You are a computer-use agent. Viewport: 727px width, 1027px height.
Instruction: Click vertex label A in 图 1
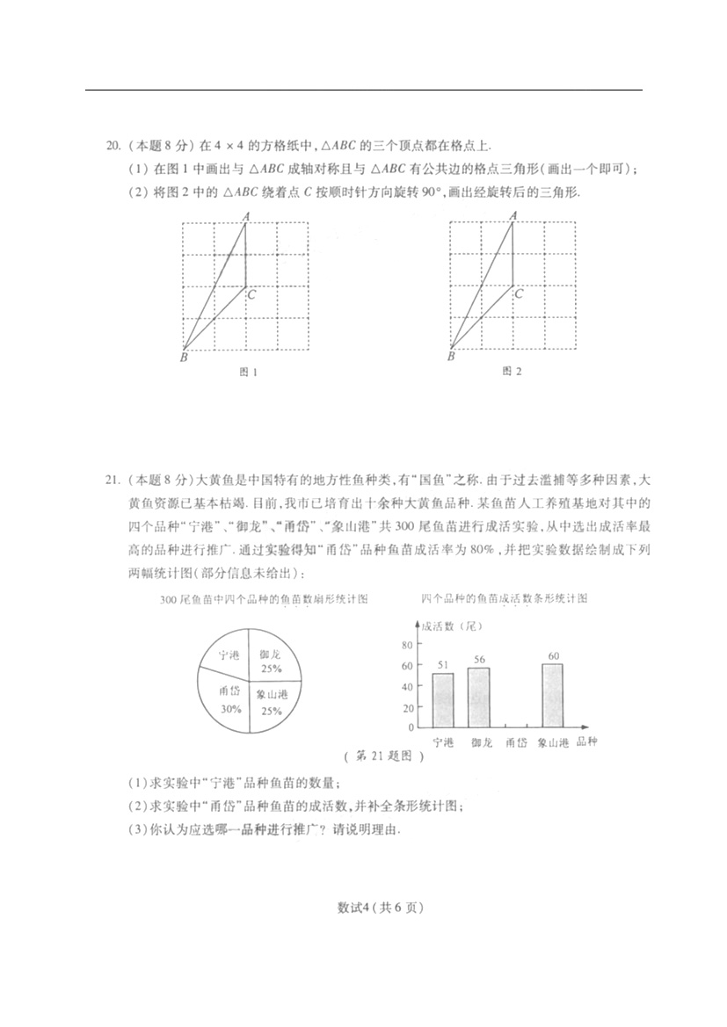pos(245,215)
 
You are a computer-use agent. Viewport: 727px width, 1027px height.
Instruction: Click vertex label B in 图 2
pos(451,357)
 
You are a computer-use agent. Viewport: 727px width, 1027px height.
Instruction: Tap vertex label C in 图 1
pos(251,294)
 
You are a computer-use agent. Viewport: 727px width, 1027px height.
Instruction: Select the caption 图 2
pos(512,372)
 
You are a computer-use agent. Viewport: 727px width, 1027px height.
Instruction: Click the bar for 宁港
pos(443,699)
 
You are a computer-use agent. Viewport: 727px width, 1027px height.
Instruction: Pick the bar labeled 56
pos(478,697)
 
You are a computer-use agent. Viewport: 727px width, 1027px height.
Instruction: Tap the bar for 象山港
pos(553,695)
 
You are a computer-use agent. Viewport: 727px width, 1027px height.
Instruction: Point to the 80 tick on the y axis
pos(407,645)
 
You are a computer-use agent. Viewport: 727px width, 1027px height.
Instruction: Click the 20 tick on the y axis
pos(407,707)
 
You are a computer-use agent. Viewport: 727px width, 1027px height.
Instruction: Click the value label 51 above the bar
pos(443,665)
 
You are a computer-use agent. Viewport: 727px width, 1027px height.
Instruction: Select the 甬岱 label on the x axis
pos(516,743)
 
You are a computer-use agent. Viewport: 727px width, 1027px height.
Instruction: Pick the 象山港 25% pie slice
pos(273,702)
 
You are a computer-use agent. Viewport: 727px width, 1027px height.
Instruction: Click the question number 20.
pos(112,146)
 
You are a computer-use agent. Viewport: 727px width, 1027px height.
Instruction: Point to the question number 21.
pos(112,480)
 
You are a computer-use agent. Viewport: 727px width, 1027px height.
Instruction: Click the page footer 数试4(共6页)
pos(363,908)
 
